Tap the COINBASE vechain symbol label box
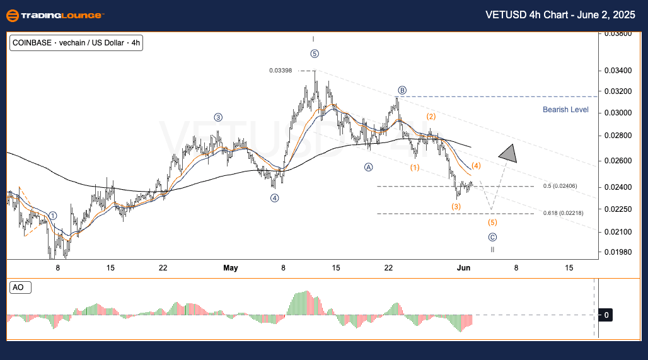76,44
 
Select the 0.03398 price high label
281,71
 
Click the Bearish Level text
565,110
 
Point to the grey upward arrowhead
508,153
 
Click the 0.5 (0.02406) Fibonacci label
560,186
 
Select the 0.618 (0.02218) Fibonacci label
562,213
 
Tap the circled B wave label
401,90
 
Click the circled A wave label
368,167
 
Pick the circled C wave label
492,237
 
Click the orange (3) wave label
456,207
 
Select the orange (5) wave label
492,223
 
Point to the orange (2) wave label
431,117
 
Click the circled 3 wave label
218,117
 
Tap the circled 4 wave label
275,198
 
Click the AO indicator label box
20,287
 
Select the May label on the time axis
230,268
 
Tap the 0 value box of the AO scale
606,314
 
